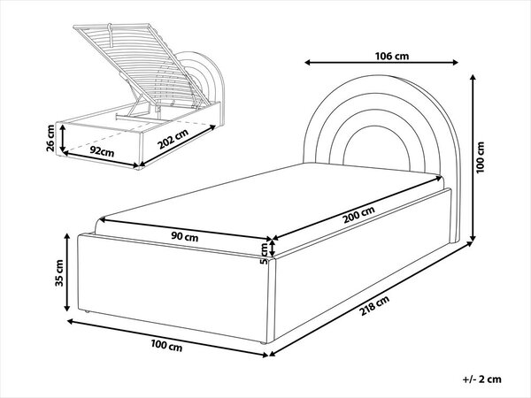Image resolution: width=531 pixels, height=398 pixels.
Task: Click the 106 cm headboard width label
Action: (392, 56)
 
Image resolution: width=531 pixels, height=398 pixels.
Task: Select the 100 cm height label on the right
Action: (480, 157)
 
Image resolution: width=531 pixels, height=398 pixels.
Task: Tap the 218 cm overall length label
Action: (374, 305)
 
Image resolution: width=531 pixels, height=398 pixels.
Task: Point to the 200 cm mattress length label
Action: (359, 215)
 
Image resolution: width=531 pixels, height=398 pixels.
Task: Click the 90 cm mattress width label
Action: (185, 236)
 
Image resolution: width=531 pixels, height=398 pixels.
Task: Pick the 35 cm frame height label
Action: (59, 272)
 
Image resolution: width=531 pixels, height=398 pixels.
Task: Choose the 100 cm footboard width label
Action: (166, 346)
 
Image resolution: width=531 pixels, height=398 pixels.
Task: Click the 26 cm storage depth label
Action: (50, 138)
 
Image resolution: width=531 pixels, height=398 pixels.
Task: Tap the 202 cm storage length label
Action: (173, 139)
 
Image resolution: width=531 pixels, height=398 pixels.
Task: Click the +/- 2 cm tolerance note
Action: (482, 379)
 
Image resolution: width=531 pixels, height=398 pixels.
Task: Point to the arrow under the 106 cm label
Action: (381, 62)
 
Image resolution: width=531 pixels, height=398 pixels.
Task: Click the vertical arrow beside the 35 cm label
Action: (67, 272)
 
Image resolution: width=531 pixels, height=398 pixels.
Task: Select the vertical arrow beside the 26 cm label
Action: (63, 138)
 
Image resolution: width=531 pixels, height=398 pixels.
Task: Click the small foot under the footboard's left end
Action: (87, 311)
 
